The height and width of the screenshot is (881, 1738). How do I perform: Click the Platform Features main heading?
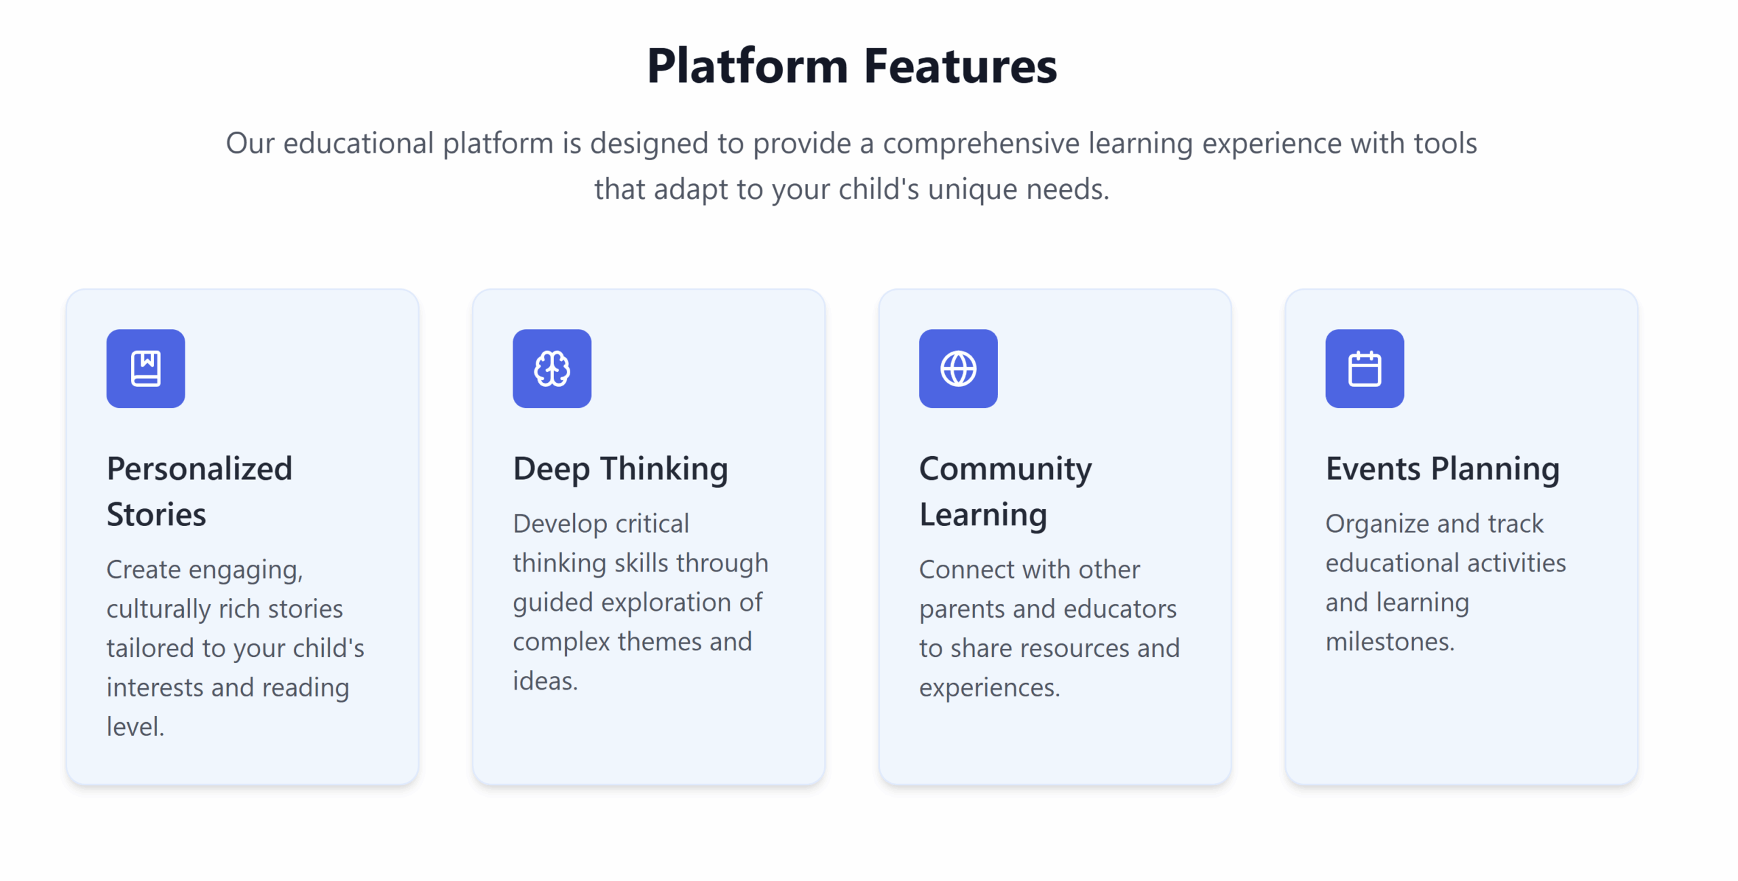852,66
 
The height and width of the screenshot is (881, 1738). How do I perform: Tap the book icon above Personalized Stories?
146,369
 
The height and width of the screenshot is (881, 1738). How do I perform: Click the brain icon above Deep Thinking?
552,369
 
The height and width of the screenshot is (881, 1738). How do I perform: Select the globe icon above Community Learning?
959,369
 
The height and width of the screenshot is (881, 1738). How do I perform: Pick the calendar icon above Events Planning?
1365,369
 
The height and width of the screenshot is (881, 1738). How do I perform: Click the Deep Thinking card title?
621,470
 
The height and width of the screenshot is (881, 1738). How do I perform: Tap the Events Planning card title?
1443,470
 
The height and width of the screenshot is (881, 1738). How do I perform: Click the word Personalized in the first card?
200,468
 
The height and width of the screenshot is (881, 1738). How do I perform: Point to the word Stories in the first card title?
156,514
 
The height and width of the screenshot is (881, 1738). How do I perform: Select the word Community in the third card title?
1005,470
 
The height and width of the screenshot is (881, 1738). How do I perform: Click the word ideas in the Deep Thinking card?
544,681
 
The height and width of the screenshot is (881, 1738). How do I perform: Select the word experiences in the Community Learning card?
988,689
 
